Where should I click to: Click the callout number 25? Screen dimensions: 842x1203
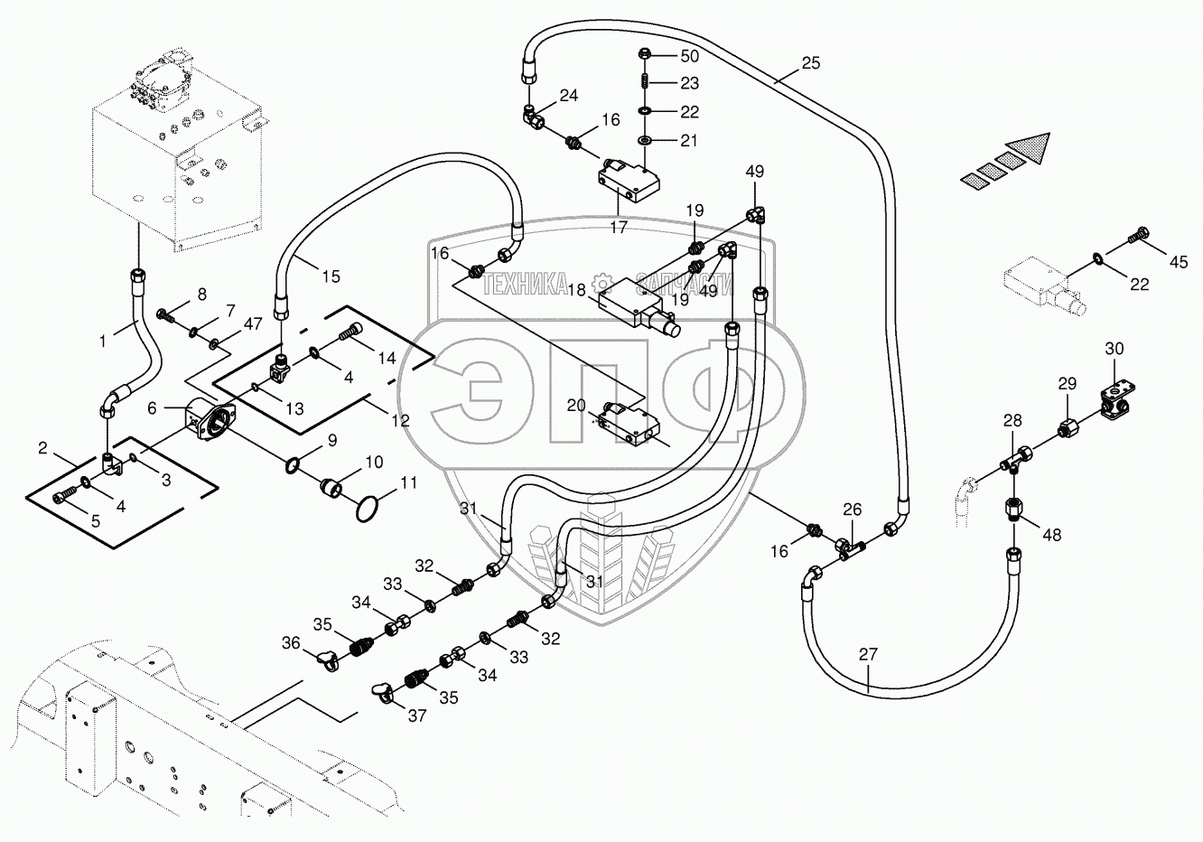click(x=810, y=63)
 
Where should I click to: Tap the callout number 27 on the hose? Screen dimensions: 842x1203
click(x=868, y=655)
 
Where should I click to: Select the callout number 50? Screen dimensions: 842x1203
click(x=689, y=56)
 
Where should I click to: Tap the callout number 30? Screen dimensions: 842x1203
click(x=1114, y=349)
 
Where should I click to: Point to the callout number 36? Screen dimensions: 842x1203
click(x=290, y=642)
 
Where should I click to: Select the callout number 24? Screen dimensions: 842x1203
click(x=568, y=95)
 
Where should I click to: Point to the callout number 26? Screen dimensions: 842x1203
click(x=853, y=510)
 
